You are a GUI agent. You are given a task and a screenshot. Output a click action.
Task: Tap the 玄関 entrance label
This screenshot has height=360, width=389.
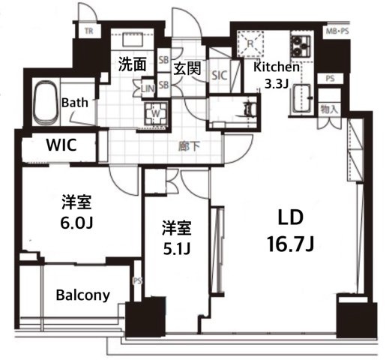tap(187, 69)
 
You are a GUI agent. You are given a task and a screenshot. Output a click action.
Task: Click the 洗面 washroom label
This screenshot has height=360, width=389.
tap(133, 64)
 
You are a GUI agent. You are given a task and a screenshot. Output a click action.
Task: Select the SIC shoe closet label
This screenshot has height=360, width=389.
tap(220, 75)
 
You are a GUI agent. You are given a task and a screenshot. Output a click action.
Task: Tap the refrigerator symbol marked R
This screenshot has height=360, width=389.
tap(252, 43)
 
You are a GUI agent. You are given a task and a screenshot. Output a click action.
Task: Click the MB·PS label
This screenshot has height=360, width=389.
tap(338, 32)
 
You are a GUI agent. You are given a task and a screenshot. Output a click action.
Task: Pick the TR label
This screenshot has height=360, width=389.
tap(88, 31)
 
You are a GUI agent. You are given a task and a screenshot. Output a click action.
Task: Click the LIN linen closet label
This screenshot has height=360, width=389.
tap(149, 88)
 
